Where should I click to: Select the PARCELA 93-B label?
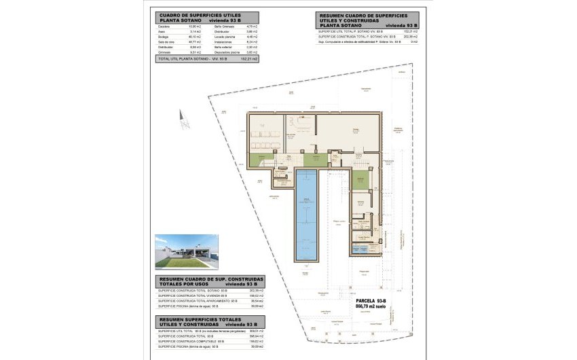(371, 301)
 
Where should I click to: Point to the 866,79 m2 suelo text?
(371, 307)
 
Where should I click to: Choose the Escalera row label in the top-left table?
(164, 26)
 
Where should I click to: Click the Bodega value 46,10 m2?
(198, 36)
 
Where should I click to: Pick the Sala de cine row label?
(166, 41)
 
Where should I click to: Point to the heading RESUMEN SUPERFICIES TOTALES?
(202, 318)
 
